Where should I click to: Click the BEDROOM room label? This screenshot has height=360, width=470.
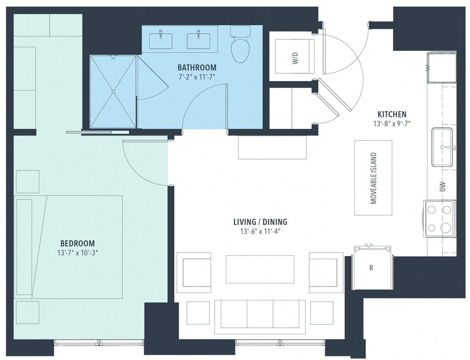pos(77,243)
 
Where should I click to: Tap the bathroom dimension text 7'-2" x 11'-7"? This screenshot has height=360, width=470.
pos(197,77)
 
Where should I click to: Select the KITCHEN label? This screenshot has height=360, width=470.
pos(392,114)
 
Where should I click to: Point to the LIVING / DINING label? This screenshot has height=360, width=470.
pos(260,222)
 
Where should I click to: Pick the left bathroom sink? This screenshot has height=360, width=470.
pos(161,41)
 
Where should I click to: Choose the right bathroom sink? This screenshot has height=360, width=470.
pos(198,41)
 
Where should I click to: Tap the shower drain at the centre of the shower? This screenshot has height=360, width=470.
pos(113,91)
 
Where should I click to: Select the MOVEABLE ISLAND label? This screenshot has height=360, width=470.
pos(374,178)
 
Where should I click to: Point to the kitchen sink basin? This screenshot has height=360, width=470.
pos(442,147)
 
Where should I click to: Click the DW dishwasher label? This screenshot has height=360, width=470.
pos(443,187)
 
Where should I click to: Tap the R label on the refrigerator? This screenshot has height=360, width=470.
pos(371,268)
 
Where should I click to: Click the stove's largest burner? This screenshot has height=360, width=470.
pos(446,228)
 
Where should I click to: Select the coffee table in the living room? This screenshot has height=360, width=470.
pos(260,269)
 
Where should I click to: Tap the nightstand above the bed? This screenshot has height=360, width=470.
pos(28,182)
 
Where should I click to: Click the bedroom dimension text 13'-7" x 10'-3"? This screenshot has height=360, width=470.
pos(78,253)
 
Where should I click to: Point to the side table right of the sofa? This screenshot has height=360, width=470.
pos(322,313)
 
